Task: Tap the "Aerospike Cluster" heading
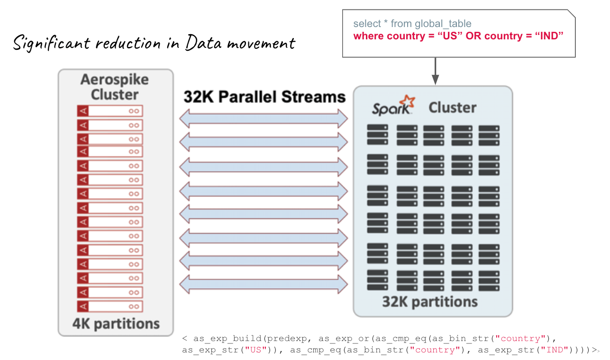coord(115,87)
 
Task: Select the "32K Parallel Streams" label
coord(264,97)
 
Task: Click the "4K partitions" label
coord(116,324)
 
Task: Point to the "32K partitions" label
coord(430,302)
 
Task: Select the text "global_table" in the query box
coord(443,24)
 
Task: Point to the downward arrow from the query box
coord(435,71)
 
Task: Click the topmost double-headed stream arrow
coord(264,119)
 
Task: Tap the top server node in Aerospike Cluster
coord(110,111)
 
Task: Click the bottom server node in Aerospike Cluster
coord(110,306)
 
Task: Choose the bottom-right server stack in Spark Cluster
coord(489,280)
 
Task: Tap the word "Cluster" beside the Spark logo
coord(452,108)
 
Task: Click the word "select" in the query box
coord(367,24)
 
